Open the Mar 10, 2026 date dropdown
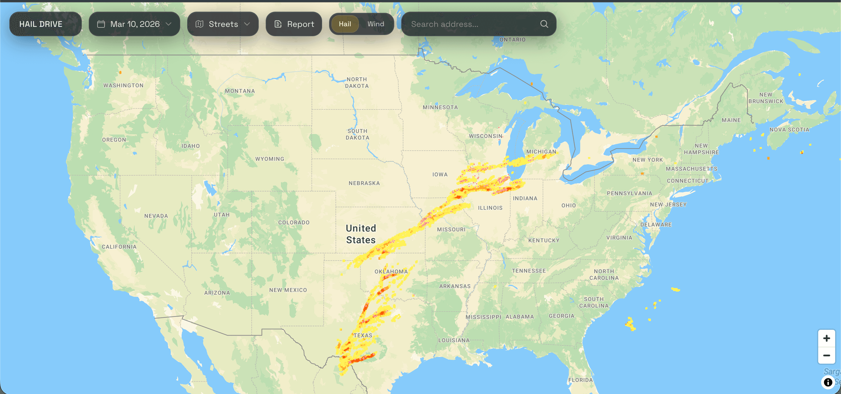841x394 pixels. pyautogui.click(x=134, y=24)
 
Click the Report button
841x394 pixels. pyautogui.click(x=293, y=24)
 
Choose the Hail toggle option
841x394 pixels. pyautogui.click(x=345, y=24)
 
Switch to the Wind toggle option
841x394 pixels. pyautogui.click(x=376, y=24)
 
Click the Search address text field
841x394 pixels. pyautogui.click(x=470, y=24)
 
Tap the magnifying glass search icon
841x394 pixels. pyautogui.click(x=544, y=24)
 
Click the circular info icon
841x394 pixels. pyautogui.click(x=828, y=382)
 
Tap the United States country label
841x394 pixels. pyautogui.click(x=361, y=234)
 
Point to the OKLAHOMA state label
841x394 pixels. pyautogui.click(x=391, y=271)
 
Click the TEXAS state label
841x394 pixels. pyautogui.click(x=363, y=335)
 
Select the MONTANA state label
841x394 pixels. pyautogui.click(x=240, y=91)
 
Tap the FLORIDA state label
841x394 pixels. pyautogui.click(x=580, y=380)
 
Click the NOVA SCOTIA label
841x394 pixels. pyautogui.click(x=789, y=130)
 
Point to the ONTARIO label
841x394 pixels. pyautogui.click(x=512, y=40)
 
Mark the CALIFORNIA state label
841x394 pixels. pyautogui.click(x=119, y=247)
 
